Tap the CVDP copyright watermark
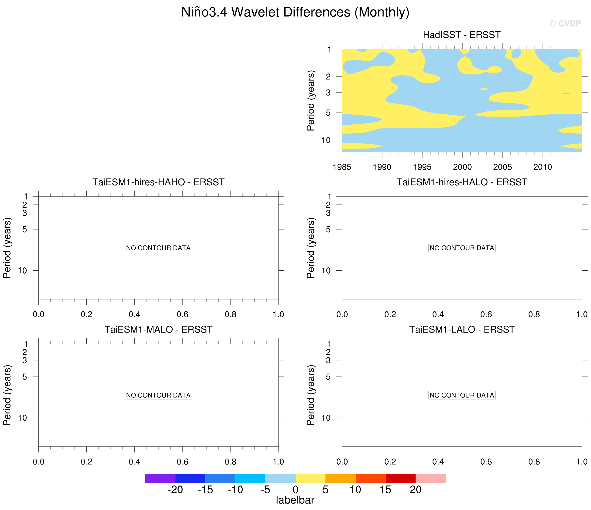565,23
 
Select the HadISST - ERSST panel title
461,35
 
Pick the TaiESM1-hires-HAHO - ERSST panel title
158,182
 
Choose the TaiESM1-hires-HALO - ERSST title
462,182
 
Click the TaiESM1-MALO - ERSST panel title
158,329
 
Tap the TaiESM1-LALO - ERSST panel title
462,329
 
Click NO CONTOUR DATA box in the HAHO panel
158,248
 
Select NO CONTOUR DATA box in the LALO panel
462,395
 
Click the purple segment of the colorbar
160,478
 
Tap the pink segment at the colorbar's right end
430,478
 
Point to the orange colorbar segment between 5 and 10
340,478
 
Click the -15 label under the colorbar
205,490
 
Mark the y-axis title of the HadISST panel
311,100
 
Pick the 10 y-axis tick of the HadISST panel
326,140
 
